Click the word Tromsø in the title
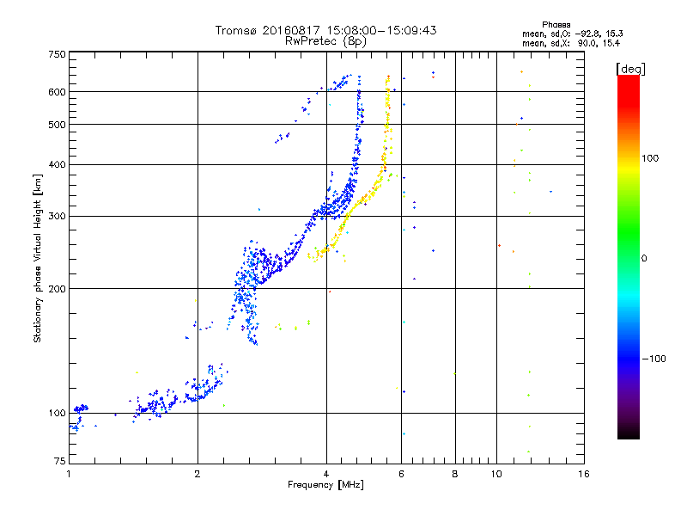click(x=237, y=30)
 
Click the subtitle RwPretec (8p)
click(x=326, y=40)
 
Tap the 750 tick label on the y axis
click(x=57, y=54)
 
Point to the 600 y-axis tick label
click(x=57, y=92)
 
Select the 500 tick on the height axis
click(x=57, y=125)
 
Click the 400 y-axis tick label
click(x=57, y=164)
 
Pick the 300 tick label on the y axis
click(x=57, y=216)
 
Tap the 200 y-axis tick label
click(x=57, y=289)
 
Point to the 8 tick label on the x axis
click(x=455, y=474)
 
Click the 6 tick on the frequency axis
click(x=402, y=474)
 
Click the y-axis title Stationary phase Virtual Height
click(x=38, y=258)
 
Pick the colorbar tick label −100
click(x=654, y=358)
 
